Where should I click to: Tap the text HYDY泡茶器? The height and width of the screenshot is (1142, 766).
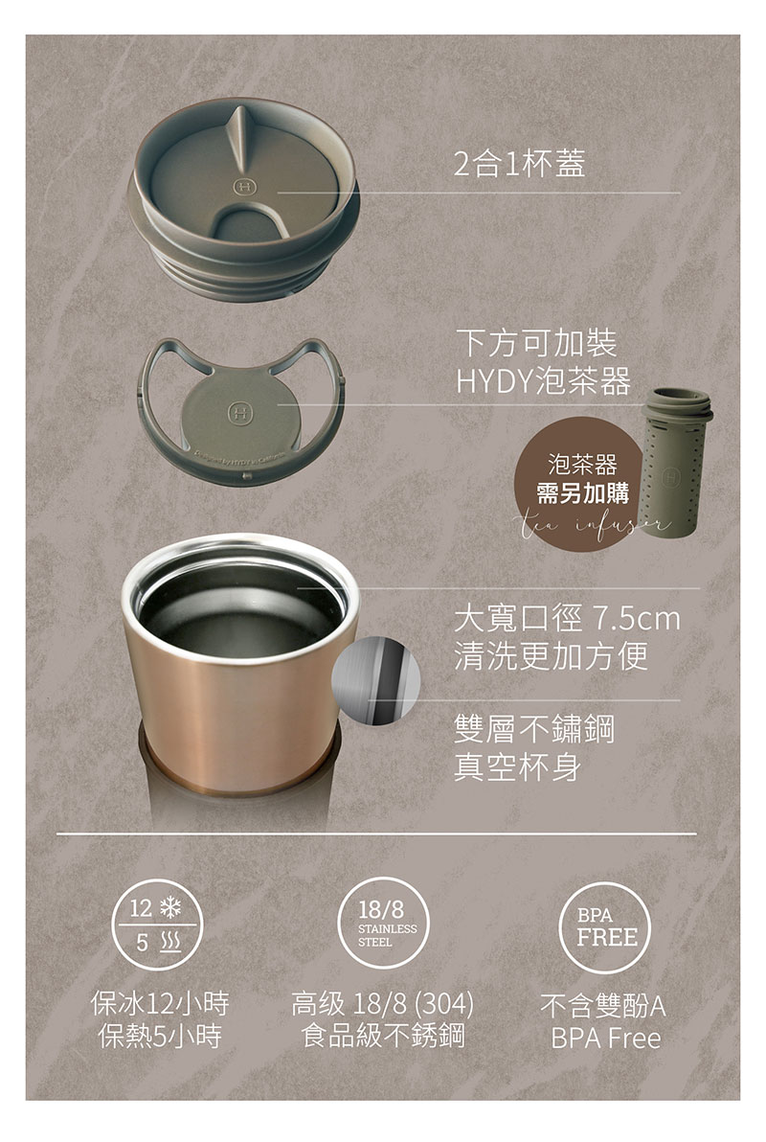pos(542,381)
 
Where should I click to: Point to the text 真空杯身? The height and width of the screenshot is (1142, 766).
pos(518,767)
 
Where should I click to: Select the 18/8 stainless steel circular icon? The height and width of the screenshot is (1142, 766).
pos(382,925)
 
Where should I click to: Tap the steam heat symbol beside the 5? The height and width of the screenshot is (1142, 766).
pos(171,944)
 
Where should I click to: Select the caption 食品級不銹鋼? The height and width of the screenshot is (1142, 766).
pos(383,1036)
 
